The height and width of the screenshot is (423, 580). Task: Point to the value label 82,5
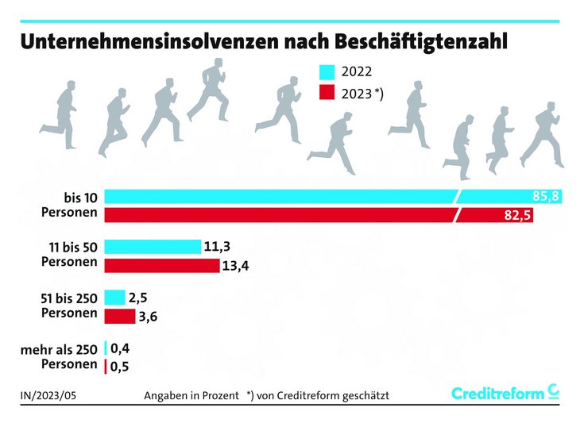click(517, 215)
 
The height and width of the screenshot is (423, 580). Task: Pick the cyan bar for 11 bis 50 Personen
click(153, 247)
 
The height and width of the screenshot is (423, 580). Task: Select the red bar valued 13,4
click(161, 265)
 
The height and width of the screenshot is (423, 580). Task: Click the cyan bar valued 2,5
click(114, 298)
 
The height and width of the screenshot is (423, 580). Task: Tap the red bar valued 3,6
click(119, 317)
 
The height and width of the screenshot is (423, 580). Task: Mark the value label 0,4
click(122, 348)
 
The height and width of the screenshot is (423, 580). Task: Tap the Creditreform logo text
click(498, 394)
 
